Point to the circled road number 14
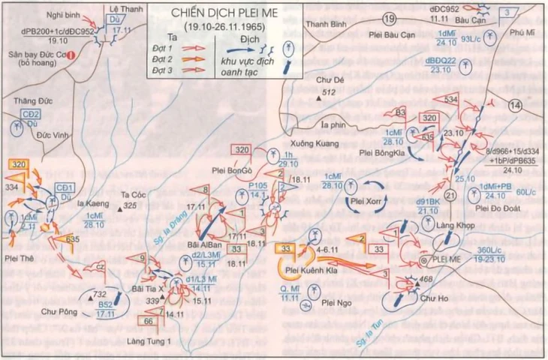514,107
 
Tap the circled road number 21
450,196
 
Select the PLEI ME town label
450,258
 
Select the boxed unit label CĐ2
31,113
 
